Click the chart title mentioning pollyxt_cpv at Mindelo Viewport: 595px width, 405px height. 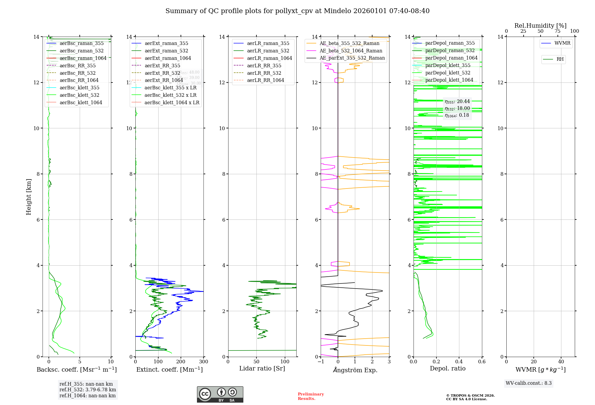click(x=297, y=11)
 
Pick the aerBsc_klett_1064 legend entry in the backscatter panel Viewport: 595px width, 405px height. click(x=81, y=102)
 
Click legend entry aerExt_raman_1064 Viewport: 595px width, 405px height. click(x=168, y=58)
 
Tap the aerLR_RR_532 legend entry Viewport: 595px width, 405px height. click(x=264, y=73)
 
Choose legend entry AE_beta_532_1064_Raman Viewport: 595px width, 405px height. click(x=351, y=51)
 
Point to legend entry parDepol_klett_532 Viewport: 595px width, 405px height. click(x=448, y=73)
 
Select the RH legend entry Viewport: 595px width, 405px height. click(x=560, y=59)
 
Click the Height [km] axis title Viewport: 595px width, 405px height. click(x=29, y=197)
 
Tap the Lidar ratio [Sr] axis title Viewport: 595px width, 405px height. click(x=262, y=369)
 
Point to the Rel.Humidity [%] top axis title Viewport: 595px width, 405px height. click(x=540, y=26)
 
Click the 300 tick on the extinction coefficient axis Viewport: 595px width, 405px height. click(x=204, y=362)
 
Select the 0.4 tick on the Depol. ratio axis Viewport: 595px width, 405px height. click(x=459, y=362)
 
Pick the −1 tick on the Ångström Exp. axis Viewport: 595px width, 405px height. click(x=321, y=362)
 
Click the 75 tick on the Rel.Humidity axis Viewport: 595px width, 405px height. click(x=558, y=31)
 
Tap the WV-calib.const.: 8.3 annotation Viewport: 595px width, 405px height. click(x=529, y=383)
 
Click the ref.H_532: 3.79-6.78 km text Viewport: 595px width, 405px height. click(x=88, y=390)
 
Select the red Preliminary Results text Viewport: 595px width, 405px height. click(x=311, y=396)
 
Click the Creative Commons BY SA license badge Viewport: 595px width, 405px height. click(x=220, y=395)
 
